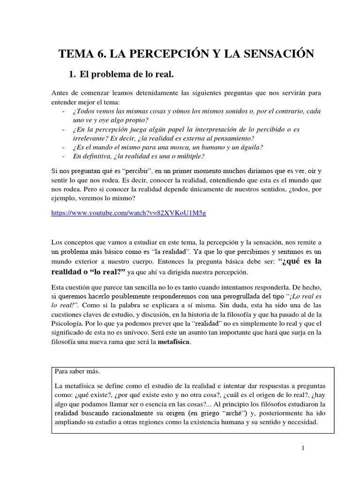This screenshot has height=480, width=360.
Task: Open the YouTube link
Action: [129, 212]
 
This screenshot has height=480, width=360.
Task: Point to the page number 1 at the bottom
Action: [303, 448]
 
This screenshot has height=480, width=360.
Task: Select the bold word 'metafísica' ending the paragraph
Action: [174, 342]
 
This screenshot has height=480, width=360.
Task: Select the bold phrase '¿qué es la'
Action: [300, 261]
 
